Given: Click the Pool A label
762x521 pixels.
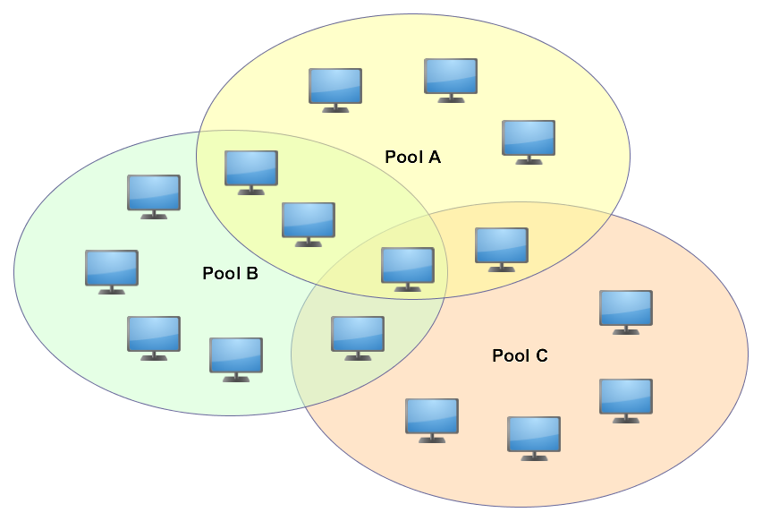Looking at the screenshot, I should tap(412, 157).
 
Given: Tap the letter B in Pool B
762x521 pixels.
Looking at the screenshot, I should tap(252, 273).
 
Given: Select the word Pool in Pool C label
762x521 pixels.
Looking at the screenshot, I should tap(509, 355).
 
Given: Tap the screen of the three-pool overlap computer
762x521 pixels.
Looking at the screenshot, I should tap(408, 264).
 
